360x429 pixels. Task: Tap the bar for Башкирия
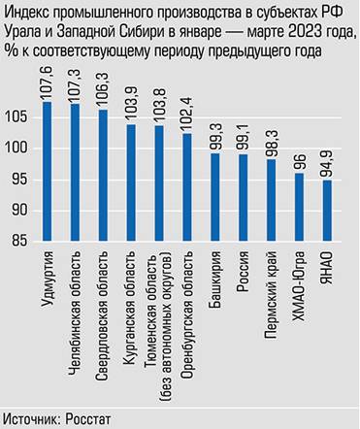[x=214, y=198]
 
